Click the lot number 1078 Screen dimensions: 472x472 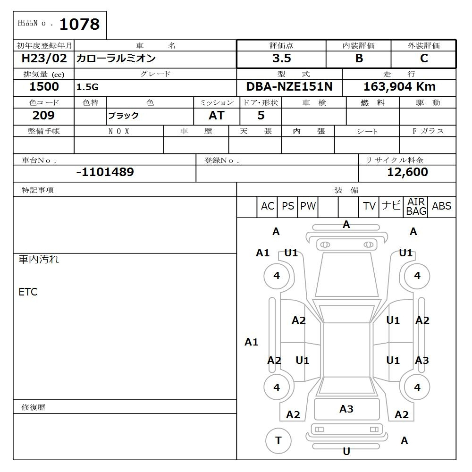(79, 24)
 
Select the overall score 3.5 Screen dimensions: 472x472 (281, 59)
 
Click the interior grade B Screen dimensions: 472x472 (359, 59)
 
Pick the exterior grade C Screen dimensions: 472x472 (424, 59)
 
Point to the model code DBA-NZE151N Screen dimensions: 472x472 (289, 87)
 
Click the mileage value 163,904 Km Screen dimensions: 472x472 (399, 87)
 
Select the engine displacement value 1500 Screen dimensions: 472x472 (44, 87)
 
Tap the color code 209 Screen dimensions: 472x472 (43, 116)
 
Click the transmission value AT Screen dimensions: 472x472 (216, 116)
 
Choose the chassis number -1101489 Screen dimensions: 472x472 (105, 172)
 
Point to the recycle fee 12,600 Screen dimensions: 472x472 (407, 172)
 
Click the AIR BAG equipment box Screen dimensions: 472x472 (416, 207)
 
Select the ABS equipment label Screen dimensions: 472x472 (441, 206)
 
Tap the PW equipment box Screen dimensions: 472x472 (308, 206)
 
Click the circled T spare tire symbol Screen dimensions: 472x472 (278, 441)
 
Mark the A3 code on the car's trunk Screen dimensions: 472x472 (346, 409)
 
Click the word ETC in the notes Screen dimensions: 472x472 (28, 292)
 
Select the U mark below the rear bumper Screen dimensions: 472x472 (346, 452)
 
